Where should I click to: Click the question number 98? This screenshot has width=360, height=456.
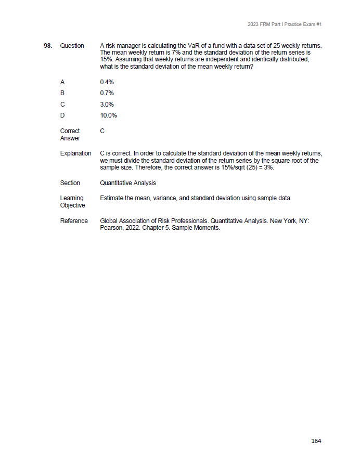47,46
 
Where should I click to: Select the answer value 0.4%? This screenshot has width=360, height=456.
107,82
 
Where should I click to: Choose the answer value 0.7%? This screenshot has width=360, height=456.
107,93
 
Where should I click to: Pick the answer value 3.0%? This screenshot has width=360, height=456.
107,105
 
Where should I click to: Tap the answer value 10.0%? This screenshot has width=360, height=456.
108,115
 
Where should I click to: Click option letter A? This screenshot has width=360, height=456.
62,82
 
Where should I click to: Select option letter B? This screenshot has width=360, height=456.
62,93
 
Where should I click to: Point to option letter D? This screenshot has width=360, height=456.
62,115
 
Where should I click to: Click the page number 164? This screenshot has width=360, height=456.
316,441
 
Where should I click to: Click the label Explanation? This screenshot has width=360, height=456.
75,153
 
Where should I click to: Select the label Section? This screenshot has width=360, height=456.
70,183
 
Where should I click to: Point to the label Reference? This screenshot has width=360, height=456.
74,221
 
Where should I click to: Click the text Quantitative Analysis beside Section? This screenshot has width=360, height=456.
127,183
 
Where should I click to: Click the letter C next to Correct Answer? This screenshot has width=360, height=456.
102,131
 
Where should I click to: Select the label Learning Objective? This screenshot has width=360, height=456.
72,202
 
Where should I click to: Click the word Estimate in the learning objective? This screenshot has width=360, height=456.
111,198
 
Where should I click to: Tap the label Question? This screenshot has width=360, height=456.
72,46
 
